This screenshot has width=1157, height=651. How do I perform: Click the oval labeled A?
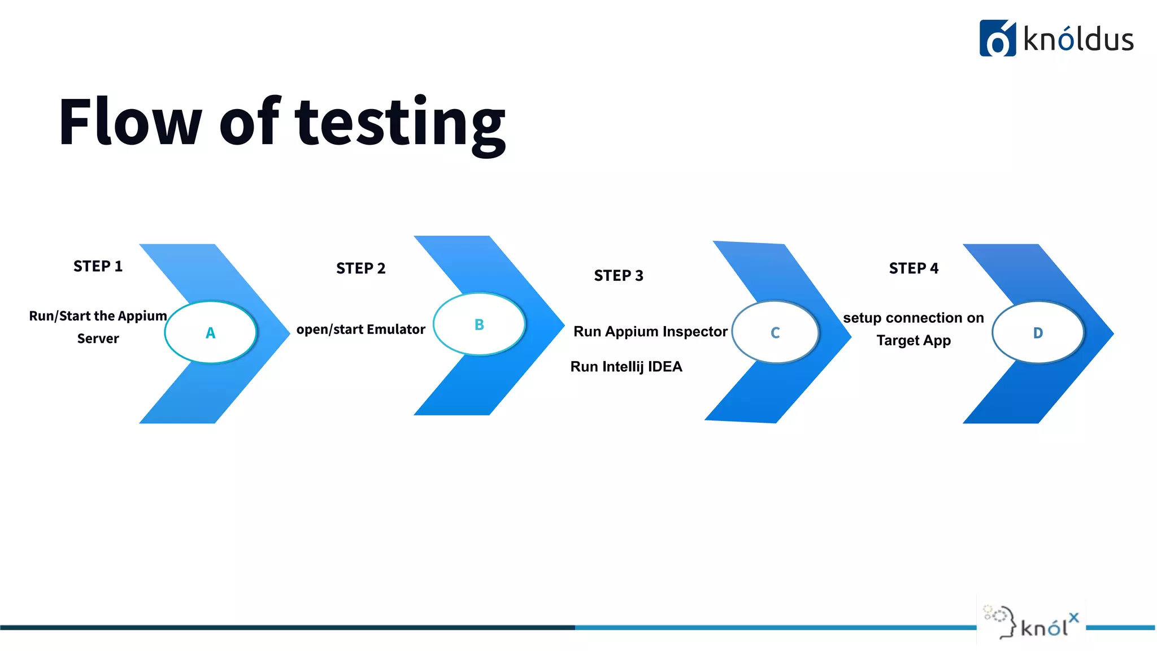tap(211, 332)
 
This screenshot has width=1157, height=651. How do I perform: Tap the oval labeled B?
tap(479, 324)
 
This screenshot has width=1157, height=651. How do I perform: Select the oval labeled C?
tap(775, 332)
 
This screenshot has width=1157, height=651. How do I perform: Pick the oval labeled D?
tap(1038, 332)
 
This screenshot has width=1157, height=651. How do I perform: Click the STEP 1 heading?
tap(98, 266)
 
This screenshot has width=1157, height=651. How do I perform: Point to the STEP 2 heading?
tap(360, 268)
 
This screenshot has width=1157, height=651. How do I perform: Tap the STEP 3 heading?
tap(619, 276)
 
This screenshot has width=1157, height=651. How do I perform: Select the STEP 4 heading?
tap(914, 268)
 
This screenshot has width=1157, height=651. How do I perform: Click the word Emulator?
tap(395, 329)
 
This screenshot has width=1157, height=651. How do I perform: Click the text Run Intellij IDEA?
tap(626, 367)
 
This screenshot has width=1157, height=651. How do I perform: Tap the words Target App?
tap(914, 341)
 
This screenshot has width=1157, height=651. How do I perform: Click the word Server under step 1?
tap(98, 339)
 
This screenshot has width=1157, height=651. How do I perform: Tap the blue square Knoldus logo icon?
tap(997, 38)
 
